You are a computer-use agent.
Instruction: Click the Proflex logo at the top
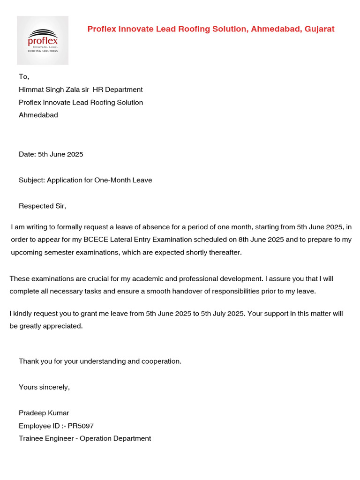(43, 40)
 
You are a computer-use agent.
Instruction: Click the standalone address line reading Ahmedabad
(38, 115)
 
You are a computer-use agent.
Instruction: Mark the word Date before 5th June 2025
(27, 154)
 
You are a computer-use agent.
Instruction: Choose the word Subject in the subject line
(31, 180)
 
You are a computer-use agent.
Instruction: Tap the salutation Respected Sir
(42, 206)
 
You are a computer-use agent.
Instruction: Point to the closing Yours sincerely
(44, 387)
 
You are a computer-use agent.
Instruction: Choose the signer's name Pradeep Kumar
(44, 413)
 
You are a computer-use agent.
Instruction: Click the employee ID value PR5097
(84, 426)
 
